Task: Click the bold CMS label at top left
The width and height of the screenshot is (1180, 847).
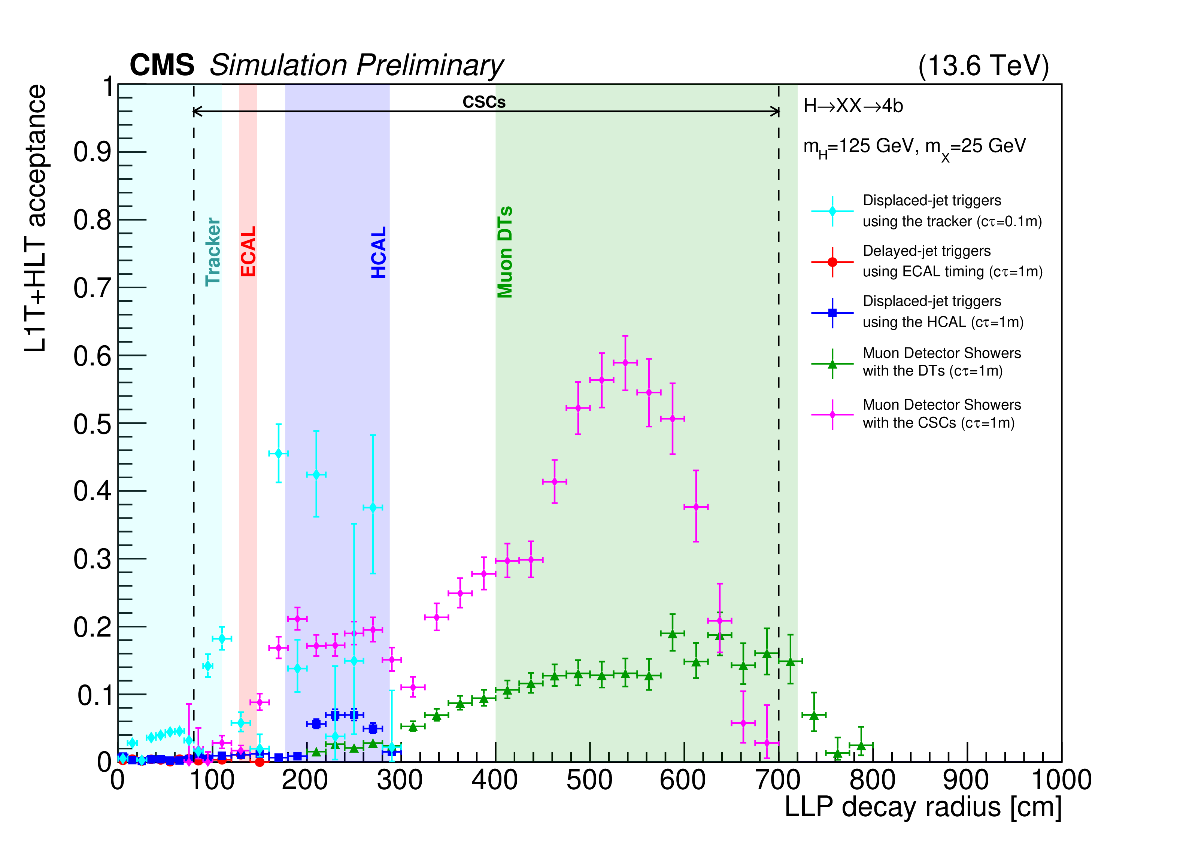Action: click(x=162, y=66)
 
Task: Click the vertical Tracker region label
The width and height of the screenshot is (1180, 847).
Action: click(x=213, y=252)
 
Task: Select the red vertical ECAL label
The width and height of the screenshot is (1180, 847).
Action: click(x=248, y=251)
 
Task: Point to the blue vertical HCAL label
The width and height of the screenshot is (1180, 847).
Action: click(x=379, y=252)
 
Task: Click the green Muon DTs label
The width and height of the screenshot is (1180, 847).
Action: click(x=505, y=252)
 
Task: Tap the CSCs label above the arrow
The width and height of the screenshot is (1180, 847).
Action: click(x=484, y=102)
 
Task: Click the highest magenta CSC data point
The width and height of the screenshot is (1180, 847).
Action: click(x=625, y=362)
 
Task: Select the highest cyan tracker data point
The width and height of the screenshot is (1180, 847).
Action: click(x=278, y=453)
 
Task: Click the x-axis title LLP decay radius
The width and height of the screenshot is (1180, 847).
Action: click(x=922, y=807)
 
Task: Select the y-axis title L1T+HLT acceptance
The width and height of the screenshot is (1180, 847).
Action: click(x=35, y=219)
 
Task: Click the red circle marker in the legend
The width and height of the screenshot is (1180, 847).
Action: click(x=832, y=262)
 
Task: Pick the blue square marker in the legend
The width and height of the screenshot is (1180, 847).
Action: click(x=832, y=313)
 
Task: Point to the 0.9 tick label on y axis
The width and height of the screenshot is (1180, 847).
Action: click(x=92, y=152)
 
